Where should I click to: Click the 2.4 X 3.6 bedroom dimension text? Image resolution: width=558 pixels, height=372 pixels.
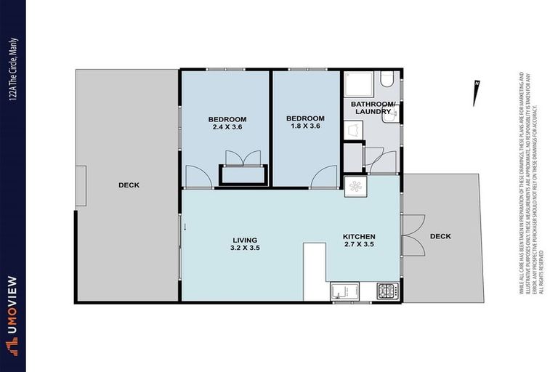(x=227, y=128)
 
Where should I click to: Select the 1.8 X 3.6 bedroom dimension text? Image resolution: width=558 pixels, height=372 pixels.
(x=304, y=127)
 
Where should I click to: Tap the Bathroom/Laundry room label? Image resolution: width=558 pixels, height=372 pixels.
(x=373, y=108)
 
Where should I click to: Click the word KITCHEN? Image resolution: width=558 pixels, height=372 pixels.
(x=359, y=237)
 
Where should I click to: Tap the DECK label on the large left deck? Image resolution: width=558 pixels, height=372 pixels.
(x=129, y=185)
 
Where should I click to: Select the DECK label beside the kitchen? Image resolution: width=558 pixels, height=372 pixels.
(x=440, y=236)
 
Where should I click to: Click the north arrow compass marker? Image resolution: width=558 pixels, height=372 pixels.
(x=476, y=93)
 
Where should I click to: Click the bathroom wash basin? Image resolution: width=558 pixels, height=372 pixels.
(x=352, y=129)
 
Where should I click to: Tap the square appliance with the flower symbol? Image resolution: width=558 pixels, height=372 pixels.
(x=357, y=185)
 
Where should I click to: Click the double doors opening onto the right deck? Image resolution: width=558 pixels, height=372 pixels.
(x=413, y=235)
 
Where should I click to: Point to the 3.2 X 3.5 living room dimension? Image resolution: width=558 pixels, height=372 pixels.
(x=246, y=248)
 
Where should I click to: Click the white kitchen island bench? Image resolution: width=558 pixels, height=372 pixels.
(x=315, y=270)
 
